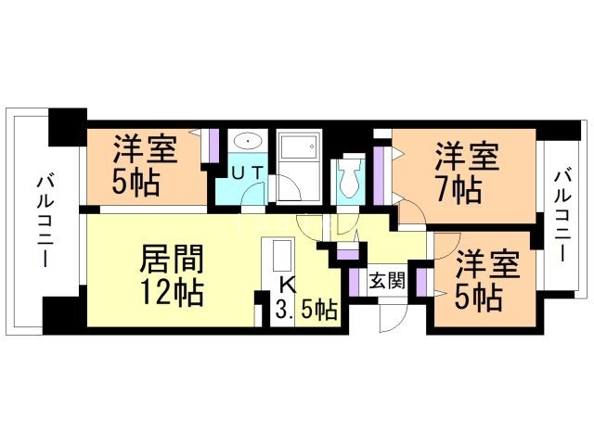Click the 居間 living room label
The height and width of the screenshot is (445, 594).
171,257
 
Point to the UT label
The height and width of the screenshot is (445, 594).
246,172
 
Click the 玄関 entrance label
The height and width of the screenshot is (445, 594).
386,282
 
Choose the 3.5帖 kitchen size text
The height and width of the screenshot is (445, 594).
306,311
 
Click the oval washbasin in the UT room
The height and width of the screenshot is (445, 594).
247,143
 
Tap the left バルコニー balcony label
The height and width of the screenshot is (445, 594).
44,221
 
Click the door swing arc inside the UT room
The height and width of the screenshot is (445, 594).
250,195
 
